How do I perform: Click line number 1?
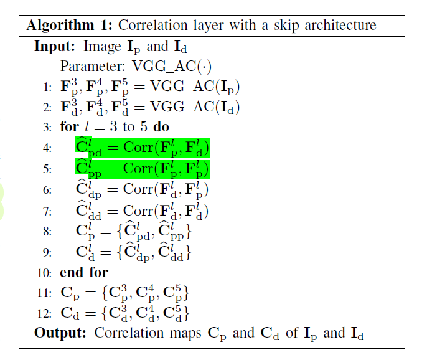[46, 87]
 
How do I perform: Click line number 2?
[46, 108]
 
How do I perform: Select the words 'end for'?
[84, 272]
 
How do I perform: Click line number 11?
[44, 292]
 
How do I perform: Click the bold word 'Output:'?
[60, 333]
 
